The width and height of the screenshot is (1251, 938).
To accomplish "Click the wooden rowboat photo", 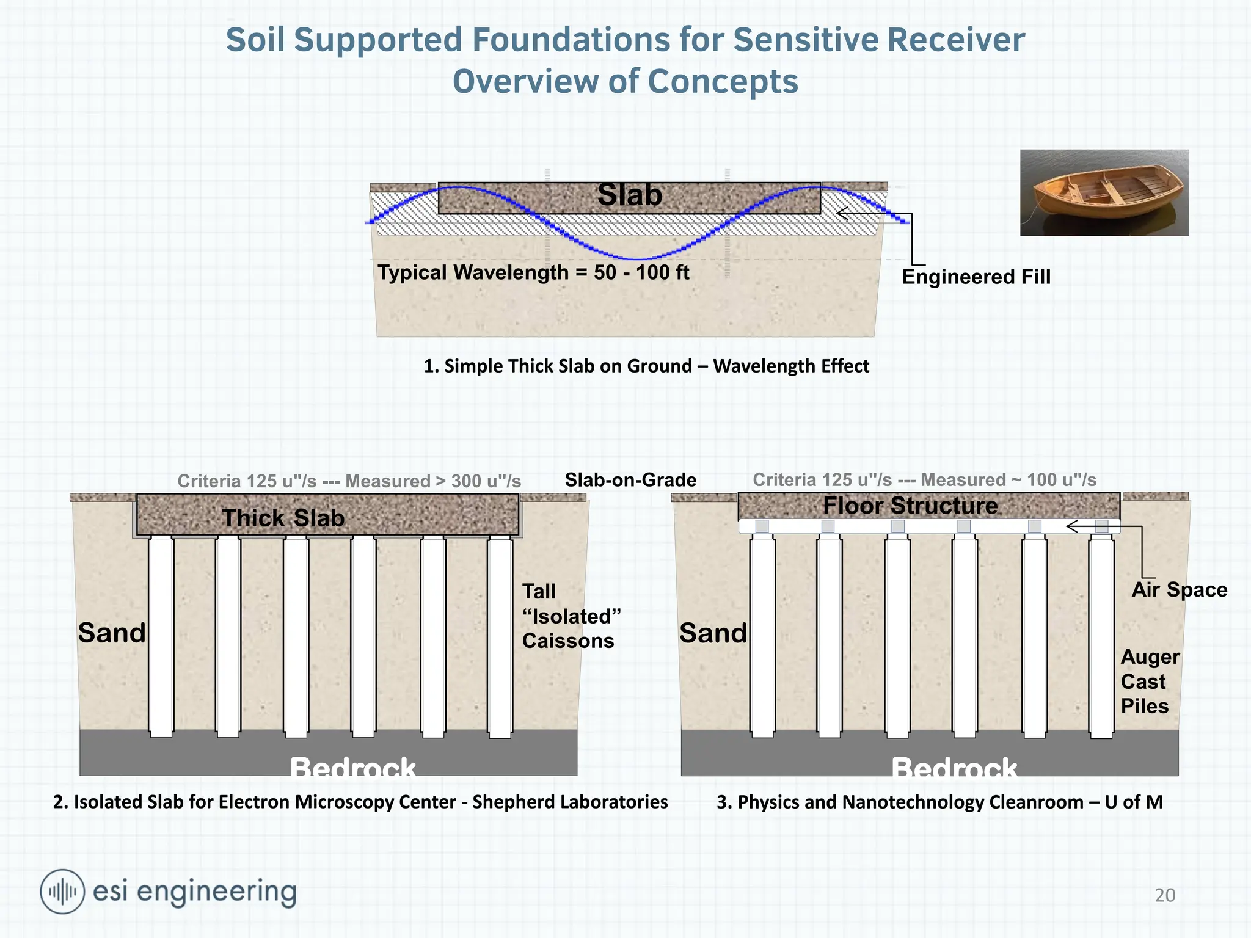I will [x=1104, y=193].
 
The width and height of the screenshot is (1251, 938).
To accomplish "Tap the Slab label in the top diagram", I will [x=630, y=195].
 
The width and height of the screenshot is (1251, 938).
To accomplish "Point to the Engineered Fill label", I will [x=976, y=277].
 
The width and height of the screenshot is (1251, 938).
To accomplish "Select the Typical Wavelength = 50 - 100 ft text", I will [x=533, y=272].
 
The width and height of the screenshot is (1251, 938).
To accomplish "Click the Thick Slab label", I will [x=283, y=518].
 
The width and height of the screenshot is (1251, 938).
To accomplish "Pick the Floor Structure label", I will [x=910, y=506].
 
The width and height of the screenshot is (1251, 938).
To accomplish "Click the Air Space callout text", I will [x=1179, y=590].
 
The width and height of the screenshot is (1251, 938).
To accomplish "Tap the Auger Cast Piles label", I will [x=1150, y=682].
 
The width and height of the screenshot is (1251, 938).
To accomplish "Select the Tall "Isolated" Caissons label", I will [x=571, y=616].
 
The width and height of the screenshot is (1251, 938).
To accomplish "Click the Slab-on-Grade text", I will [x=630, y=480].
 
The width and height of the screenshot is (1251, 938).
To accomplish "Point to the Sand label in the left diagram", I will [x=112, y=633].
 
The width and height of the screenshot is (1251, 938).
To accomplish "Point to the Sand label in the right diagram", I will [x=713, y=633].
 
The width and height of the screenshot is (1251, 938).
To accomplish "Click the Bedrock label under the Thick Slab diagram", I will [x=352, y=767].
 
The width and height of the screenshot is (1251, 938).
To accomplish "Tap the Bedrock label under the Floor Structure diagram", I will [x=954, y=767].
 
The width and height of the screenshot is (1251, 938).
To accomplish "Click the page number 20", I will [x=1165, y=895].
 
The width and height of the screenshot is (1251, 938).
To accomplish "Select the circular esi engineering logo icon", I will [x=62, y=892].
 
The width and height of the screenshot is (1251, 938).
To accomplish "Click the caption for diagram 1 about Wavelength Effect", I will [x=646, y=366].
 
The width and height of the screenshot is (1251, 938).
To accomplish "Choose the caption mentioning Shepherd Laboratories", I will [x=360, y=802].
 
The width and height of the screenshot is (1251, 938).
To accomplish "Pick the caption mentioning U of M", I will [x=939, y=802].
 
